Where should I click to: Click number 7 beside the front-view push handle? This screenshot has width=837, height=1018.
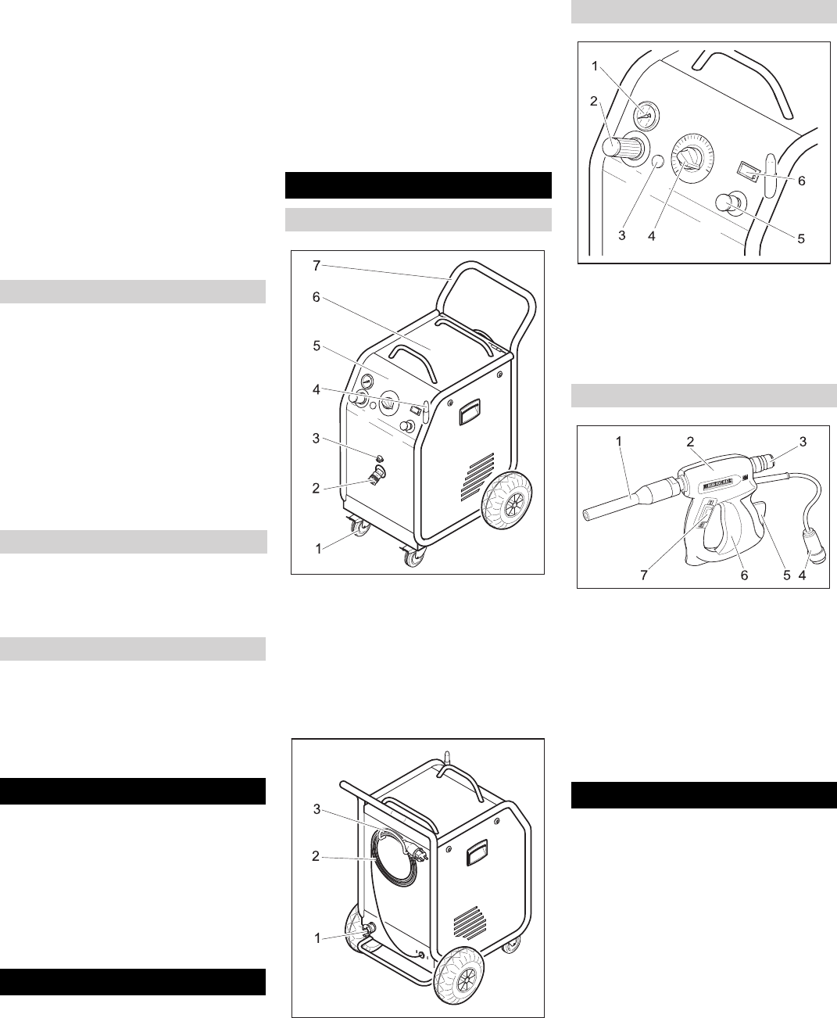[316, 266]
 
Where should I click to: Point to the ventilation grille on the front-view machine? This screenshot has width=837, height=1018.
[478, 476]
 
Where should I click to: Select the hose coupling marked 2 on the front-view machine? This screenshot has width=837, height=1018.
[377, 474]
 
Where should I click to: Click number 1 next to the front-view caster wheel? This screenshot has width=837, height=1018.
[318, 548]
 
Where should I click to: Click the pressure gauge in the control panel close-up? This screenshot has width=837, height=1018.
[646, 114]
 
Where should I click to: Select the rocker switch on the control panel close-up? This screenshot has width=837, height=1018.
[749, 172]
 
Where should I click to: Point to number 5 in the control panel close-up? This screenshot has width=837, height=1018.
[801, 238]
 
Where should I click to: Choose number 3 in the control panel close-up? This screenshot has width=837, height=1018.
[622, 236]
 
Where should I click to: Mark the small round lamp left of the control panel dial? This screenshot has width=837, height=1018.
[657, 161]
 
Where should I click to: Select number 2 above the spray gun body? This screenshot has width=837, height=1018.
[690, 441]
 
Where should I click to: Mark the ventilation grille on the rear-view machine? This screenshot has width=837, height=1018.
[468, 923]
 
